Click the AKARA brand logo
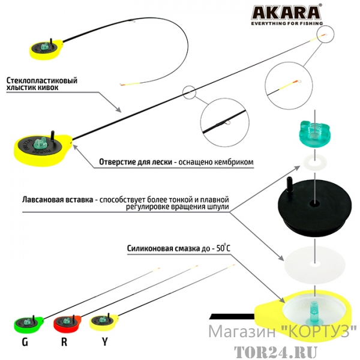click(x=286, y=12)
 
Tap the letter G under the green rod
click(x=25, y=342)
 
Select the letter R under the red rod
click(x=64, y=342)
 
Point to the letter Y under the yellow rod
click(x=104, y=342)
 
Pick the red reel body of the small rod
click(x=67, y=325)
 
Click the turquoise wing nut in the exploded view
click(x=315, y=135)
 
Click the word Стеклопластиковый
click(x=42, y=80)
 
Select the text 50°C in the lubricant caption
click(x=223, y=248)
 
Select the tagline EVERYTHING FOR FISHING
click(x=287, y=23)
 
